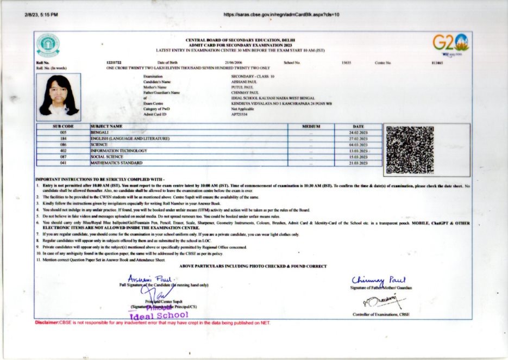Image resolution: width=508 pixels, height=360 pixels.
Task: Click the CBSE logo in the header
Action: (48, 45)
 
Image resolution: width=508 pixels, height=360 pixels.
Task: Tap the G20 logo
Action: (450, 44)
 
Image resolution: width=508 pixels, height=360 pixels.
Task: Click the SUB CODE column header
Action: (63, 126)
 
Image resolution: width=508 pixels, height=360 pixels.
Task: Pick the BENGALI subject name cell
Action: (100, 132)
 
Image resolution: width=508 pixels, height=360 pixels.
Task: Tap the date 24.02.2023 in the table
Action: (359, 132)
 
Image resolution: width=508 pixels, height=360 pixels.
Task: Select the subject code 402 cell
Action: (63, 151)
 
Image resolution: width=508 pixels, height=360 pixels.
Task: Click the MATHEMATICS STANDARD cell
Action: (116, 163)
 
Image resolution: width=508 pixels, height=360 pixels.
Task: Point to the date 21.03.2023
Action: (359, 163)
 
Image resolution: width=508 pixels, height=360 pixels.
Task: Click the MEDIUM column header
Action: (311, 126)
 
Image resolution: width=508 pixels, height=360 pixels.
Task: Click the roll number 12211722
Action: (114, 63)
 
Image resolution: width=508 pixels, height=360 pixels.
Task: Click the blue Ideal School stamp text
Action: (159, 315)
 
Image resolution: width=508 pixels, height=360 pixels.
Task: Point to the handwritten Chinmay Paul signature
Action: (379, 280)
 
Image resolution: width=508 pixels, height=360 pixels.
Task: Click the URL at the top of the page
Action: (281, 14)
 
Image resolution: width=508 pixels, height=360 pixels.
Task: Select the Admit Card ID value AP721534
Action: (239, 115)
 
